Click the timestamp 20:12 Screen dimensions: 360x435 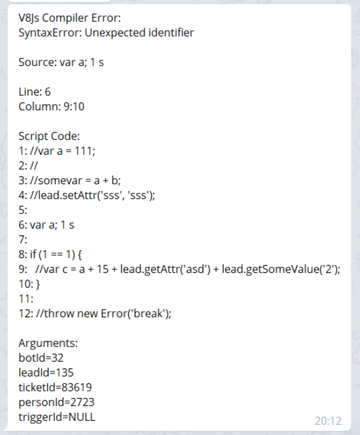point(328,421)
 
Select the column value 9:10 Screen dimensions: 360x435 point(74,107)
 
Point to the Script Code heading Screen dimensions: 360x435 point(49,136)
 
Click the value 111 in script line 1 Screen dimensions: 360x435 point(84,151)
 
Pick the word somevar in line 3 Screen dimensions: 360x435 point(60,181)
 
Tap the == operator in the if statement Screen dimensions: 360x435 point(57,254)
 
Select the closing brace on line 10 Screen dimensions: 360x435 point(38,284)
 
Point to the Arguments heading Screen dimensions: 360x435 point(48,343)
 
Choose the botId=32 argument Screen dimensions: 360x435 point(41,358)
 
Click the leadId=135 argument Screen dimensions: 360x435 point(46,373)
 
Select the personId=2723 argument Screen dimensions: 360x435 point(56,402)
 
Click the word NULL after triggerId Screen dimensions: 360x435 point(81,417)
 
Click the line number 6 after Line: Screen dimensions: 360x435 point(47,92)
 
